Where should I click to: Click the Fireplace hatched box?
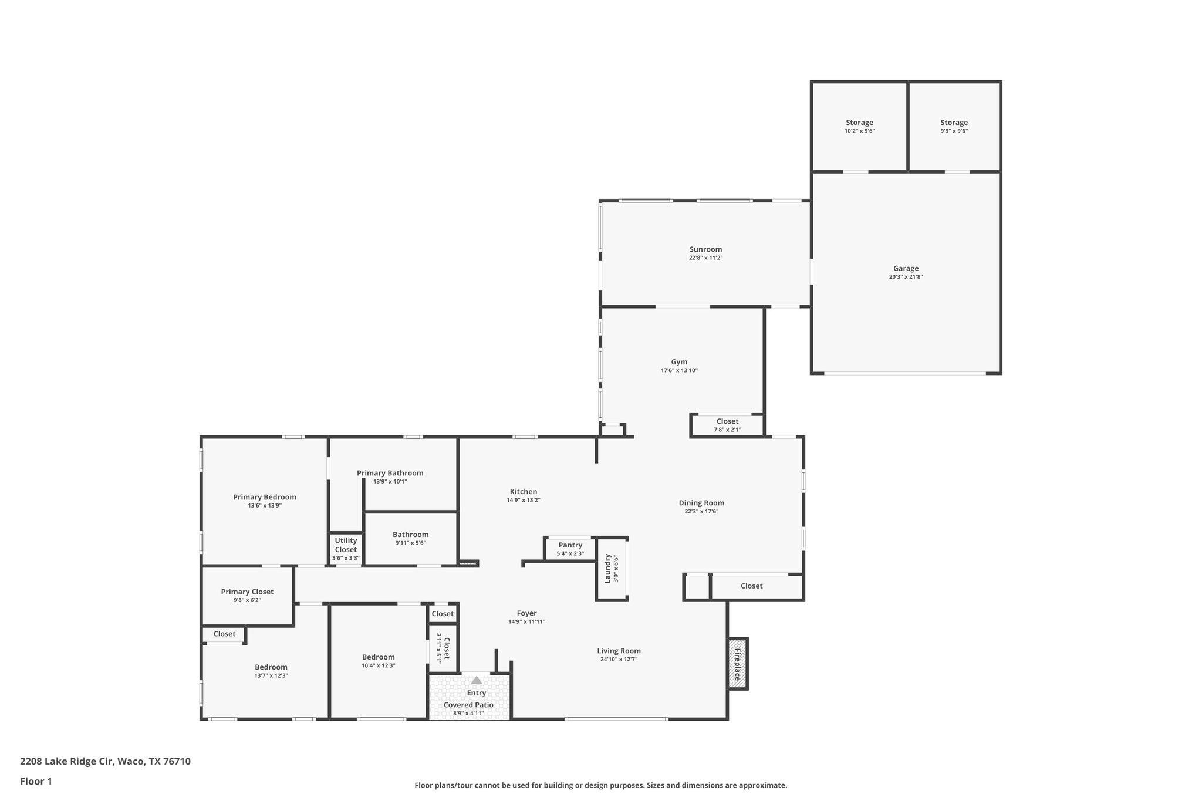pos(738,664)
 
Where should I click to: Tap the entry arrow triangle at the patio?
pos(477,680)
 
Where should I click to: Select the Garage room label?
pos(906,268)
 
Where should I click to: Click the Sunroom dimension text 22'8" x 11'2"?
pos(705,258)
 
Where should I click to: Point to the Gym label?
pos(679,362)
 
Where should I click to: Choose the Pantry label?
pos(570,545)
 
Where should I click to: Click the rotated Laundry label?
pos(608,569)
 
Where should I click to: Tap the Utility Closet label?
pos(346,545)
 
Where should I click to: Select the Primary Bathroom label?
pos(390,473)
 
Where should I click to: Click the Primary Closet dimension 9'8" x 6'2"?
pos(247,600)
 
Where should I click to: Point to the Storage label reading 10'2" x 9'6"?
pos(859,123)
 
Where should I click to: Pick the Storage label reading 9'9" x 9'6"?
pos(954,123)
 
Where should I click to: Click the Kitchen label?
pos(523,492)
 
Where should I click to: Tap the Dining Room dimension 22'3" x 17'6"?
pos(701,511)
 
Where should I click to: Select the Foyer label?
pos(526,613)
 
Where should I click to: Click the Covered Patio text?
pos(468,705)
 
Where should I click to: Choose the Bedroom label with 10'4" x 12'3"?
pos(378,657)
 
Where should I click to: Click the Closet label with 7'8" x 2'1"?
pos(727,421)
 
